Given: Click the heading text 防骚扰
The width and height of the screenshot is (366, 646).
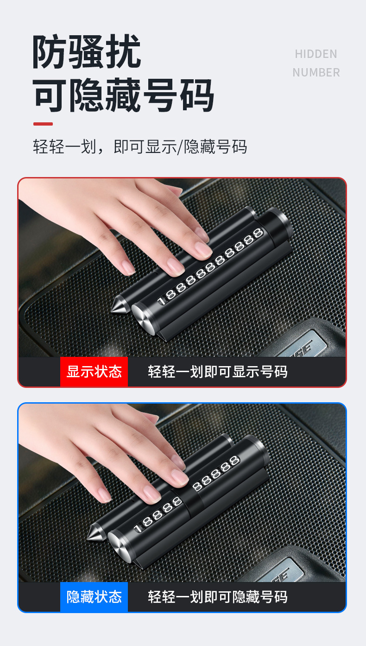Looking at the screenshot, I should pos(87,52).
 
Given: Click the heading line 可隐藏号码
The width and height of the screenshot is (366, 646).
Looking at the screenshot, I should pos(124,95).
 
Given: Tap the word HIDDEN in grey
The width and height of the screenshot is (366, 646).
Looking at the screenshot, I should pos(316,54).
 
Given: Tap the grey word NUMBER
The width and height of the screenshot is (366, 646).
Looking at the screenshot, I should pos(316,73).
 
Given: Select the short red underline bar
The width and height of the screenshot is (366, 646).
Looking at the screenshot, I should pos(43,124).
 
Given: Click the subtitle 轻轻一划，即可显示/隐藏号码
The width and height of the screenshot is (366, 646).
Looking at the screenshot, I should pos(140,146).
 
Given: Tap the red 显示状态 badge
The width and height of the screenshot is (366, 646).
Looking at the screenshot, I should pos(94,372).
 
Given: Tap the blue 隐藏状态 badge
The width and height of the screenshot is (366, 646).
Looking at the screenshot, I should pos(94,596).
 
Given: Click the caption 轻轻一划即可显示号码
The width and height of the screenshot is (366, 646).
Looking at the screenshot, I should pos(218,372).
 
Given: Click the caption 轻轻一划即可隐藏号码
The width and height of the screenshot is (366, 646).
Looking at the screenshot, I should pos(218,596).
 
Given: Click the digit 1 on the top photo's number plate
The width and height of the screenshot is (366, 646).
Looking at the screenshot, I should pos(161,301).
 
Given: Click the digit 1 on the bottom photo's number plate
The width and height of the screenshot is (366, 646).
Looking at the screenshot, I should pos(137,528).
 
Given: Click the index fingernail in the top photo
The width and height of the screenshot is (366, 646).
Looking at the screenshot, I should pos(203,250).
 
